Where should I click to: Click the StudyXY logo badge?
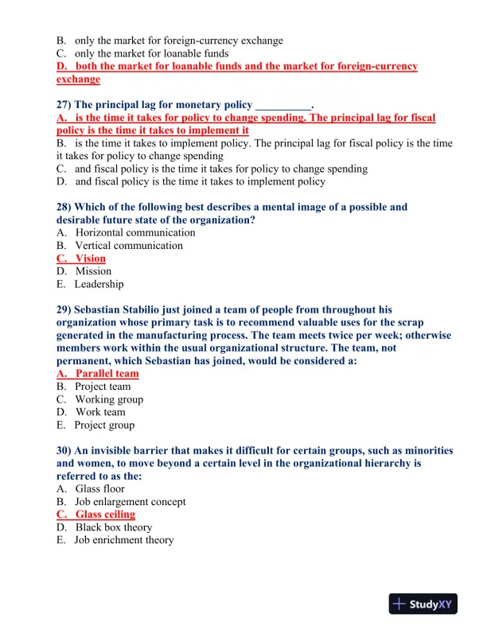[x=427, y=604]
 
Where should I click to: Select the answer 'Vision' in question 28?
[x=90, y=259]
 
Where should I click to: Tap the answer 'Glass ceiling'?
[x=105, y=515]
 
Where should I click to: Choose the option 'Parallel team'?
[x=107, y=374]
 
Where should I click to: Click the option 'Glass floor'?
[x=99, y=489]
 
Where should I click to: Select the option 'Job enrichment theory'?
[x=123, y=540]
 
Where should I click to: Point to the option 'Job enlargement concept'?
[x=130, y=502]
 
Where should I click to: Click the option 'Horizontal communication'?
[x=134, y=233]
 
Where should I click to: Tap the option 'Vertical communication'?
[x=128, y=246]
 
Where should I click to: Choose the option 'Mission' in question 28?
[x=93, y=271]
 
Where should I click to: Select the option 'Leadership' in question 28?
[x=99, y=284]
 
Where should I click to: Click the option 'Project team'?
[x=103, y=387]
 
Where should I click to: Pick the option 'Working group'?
[x=109, y=399]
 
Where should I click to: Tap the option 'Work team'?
[x=100, y=412]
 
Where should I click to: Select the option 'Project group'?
[x=104, y=425]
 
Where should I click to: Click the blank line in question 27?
[x=282, y=106]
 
